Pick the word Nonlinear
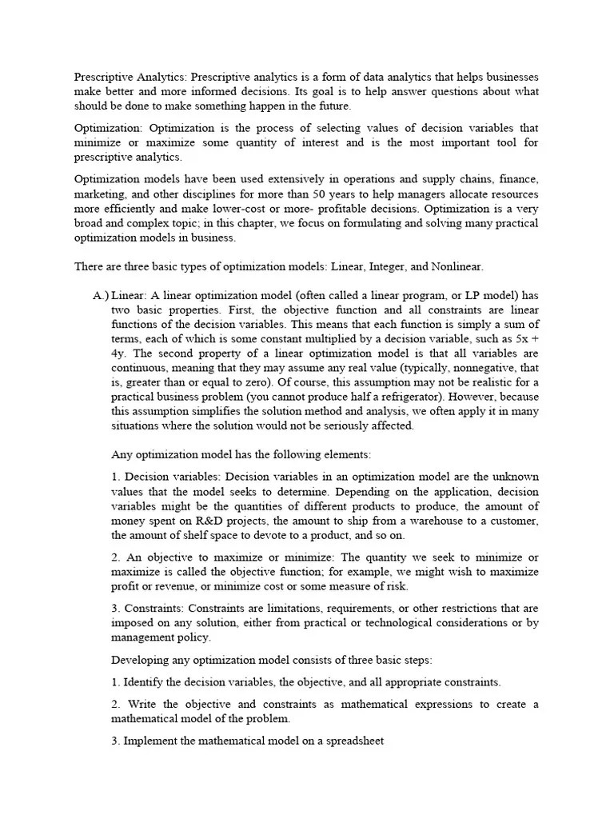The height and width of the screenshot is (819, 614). pos(453,266)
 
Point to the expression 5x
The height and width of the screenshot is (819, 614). pos(518,339)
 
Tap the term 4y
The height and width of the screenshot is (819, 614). pos(119,354)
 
